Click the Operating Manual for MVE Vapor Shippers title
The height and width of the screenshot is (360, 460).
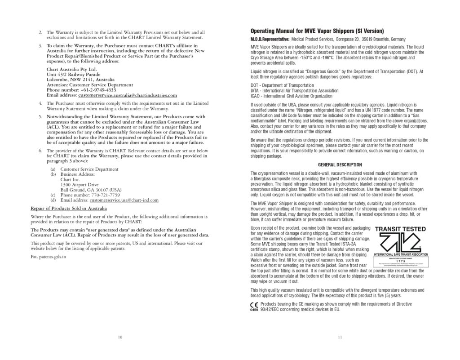(317, 31)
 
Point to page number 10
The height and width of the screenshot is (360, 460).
(119, 337)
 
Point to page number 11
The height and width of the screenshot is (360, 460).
(340, 337)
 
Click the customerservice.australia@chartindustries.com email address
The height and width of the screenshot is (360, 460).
(128, 95)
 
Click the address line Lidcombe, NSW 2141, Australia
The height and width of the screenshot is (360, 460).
(77, 80)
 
